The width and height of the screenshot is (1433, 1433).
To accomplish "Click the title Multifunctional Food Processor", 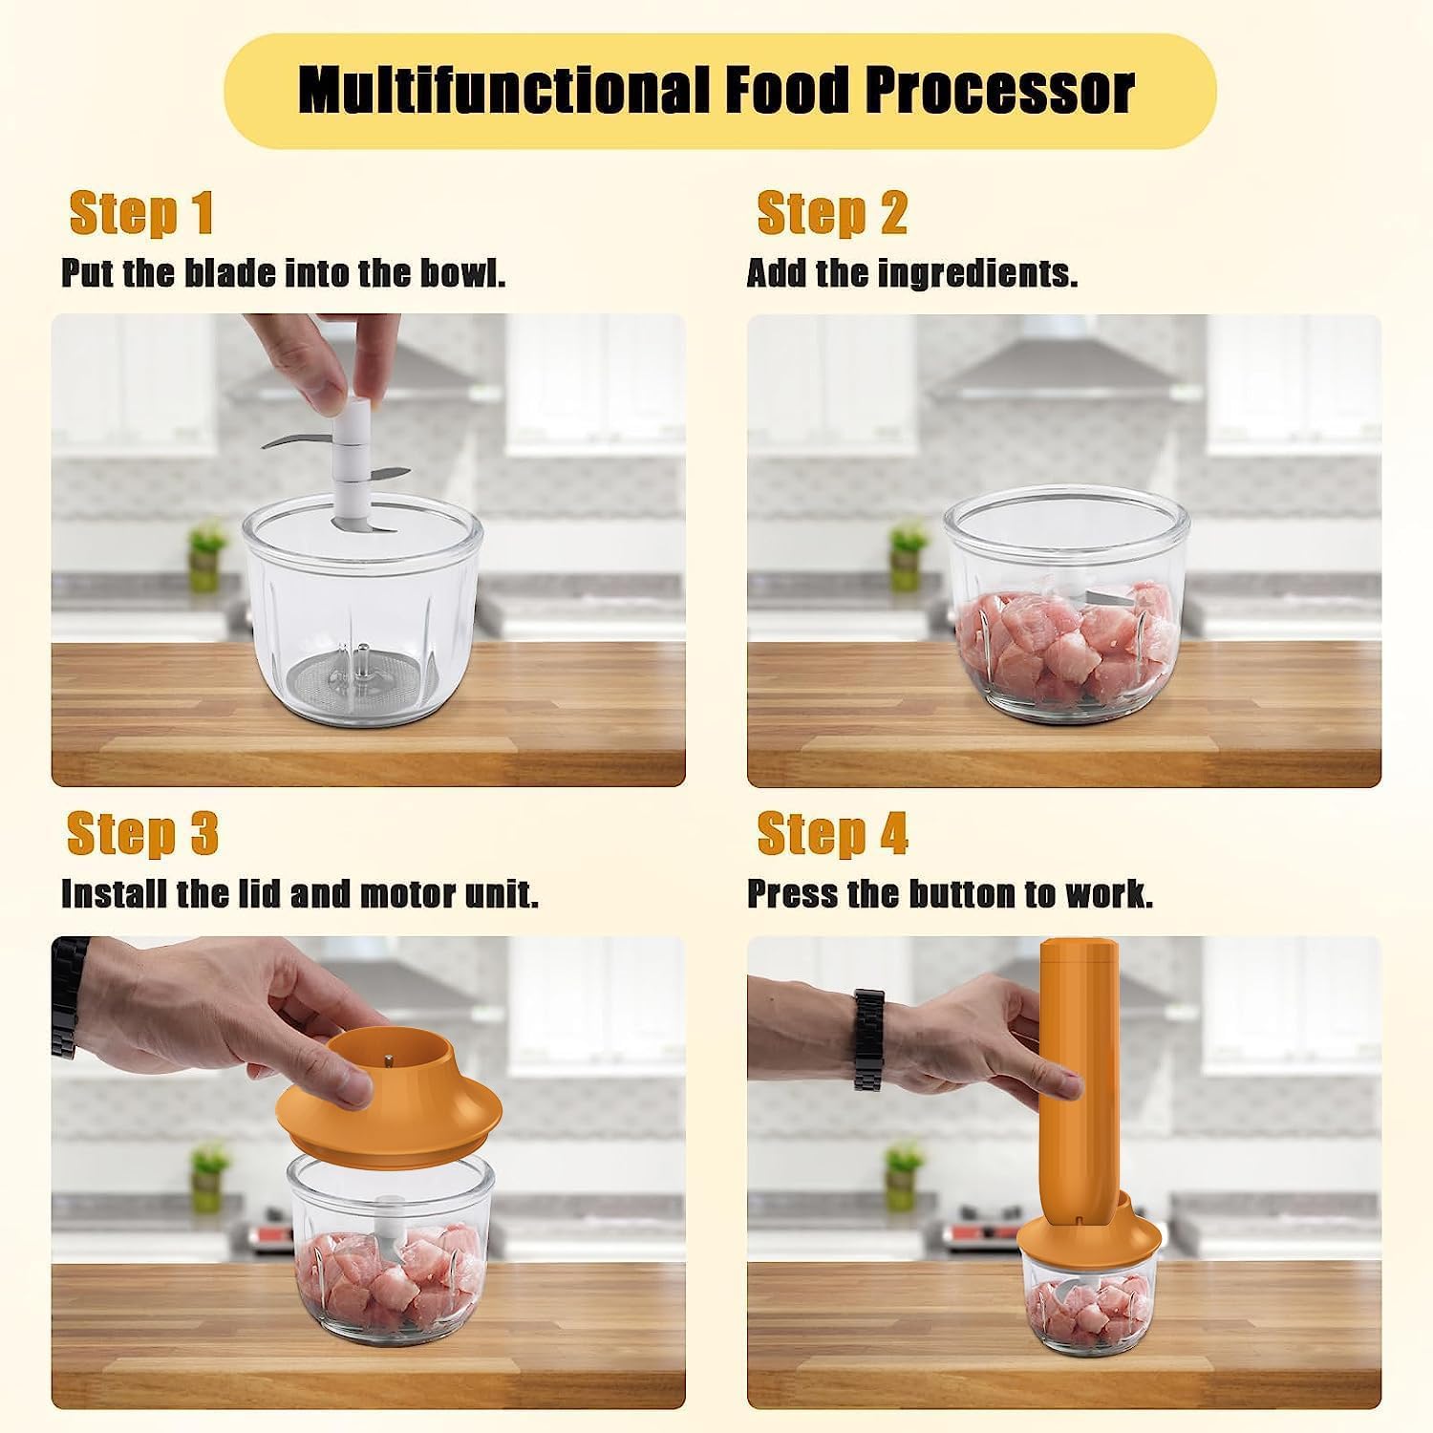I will point(716,90).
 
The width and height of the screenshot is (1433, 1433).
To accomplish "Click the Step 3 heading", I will point(142,833).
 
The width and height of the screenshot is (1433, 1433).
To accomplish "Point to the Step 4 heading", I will point(831,833).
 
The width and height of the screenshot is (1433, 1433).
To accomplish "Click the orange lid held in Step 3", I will point(392,1099).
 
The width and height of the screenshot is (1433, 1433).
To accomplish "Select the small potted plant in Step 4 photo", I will point(903,1176).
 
